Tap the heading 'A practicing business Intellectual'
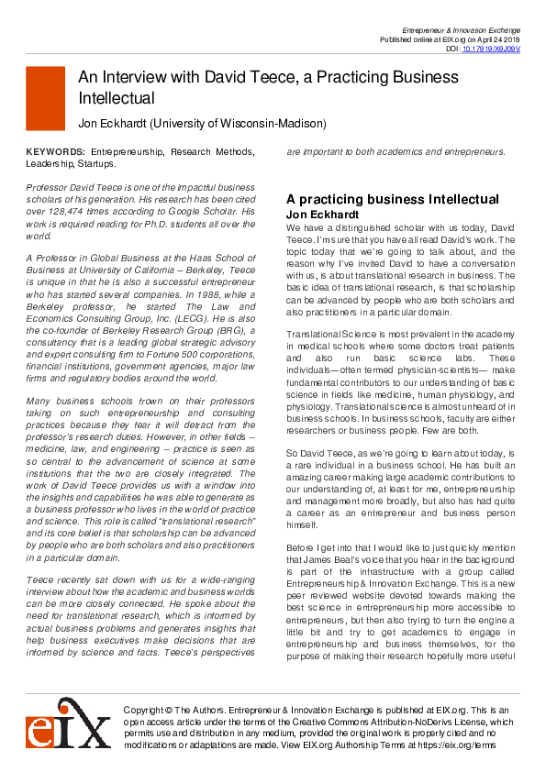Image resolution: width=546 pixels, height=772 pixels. pos(393,199)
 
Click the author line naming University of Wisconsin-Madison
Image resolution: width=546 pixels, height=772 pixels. pos(201,122)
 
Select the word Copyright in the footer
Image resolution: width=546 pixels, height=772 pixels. pos(146,711)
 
